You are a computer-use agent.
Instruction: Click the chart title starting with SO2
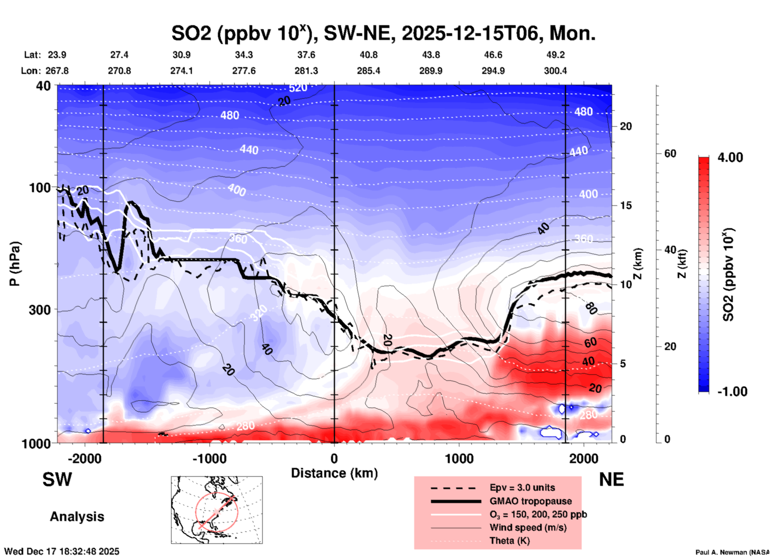point(383,34)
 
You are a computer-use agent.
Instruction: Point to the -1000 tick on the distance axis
point(209,459)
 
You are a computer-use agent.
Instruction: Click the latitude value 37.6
point(306,55)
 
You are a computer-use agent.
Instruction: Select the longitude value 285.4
point(368,71)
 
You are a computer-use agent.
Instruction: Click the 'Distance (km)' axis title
point(334,473)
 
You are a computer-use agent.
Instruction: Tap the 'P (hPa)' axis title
point(15,264)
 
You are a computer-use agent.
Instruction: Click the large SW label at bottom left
point(57,479)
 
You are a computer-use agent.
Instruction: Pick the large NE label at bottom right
point(611,479)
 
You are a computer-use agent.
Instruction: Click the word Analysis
point(77,517)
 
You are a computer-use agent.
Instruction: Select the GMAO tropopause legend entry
point(531,501)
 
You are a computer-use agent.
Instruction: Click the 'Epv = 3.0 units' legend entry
point(522,487)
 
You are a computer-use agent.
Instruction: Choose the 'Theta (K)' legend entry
point(509,541)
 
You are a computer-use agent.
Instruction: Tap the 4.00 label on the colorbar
point(730,157)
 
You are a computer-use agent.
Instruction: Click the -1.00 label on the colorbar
point(732,392)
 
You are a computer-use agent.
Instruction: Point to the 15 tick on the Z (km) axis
point(626,205)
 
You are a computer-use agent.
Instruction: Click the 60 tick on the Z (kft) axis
point(670,153)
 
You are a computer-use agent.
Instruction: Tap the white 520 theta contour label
point(298,88)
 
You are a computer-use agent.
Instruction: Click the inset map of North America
point(217,510)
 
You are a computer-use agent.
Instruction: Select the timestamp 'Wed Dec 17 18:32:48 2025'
point(62,551)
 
